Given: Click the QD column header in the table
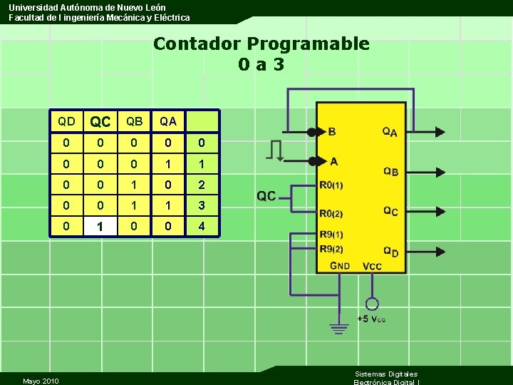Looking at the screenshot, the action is tap(66, 121).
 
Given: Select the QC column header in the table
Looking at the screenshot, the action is tap(100, 122).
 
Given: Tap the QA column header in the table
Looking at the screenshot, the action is tap(168, 121).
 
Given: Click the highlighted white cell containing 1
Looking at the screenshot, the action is tap(100, 226).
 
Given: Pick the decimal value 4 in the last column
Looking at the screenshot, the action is tap(202, 226).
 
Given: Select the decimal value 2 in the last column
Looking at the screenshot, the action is tap(202, 185).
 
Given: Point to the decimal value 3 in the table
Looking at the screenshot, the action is tap(202, 205).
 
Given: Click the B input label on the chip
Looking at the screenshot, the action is tap(332, 132).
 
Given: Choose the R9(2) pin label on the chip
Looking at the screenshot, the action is tap(331, 248).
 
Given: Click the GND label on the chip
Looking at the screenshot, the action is tap(340, 266).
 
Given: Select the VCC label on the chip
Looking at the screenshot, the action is tap(372, 266).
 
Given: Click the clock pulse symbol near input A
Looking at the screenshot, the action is tap(276, 150).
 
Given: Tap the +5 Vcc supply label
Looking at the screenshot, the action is tap(370, 319).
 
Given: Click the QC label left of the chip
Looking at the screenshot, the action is tap(266, 196).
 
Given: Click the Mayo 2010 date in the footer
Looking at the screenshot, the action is tap(41, 381).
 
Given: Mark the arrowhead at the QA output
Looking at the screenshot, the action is tap(440, 131).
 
